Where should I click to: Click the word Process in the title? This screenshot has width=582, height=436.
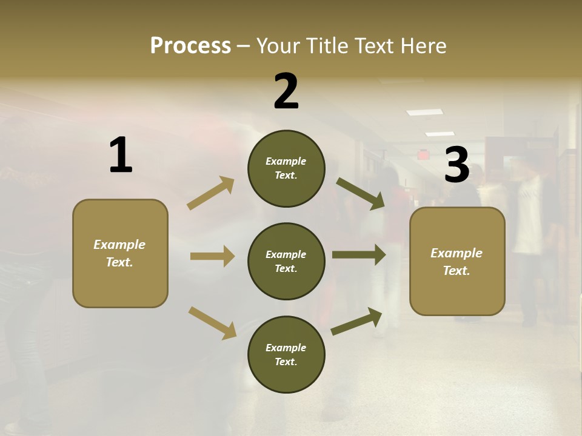tap(190, 46)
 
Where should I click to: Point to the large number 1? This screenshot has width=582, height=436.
tap(121, 156)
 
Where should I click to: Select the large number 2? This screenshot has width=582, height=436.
tap(286, 91)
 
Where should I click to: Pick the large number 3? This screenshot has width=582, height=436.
tap(457, 165)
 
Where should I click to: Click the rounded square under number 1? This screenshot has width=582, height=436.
tap(120, 253)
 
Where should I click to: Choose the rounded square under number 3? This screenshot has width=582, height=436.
tap(457, 262)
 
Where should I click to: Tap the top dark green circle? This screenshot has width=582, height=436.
tap(286, 168)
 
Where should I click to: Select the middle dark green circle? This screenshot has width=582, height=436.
tap(286, 261)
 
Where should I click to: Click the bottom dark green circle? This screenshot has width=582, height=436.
tap(286, 354)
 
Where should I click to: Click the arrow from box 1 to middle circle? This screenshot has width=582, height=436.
tap(212, 256)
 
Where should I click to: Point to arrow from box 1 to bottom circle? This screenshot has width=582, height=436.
tap(212, 323)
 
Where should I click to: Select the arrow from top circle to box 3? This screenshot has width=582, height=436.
tap(361, 194)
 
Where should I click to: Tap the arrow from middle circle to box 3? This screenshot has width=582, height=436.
tap(359, 255)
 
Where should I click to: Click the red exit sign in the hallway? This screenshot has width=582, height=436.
tap(423, 155)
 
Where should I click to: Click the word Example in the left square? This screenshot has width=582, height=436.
tap(119, 245)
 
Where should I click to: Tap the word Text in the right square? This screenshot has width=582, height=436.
tap(456, 271)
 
